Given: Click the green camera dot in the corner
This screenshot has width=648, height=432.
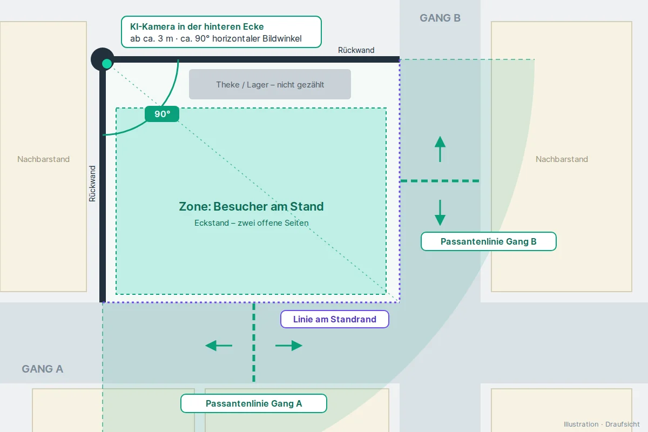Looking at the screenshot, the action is pos(107,64).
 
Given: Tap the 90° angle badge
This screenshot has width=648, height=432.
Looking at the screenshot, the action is pos(162,114).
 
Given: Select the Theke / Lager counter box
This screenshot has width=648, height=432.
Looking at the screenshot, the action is pos(270,84).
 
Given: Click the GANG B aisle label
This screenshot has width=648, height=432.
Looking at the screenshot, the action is pos(440,18).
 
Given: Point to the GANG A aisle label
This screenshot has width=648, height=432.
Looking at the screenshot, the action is pos(43,369).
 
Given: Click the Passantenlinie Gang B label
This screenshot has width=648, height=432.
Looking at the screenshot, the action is pos(488,241).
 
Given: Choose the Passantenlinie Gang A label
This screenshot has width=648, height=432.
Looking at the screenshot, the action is pos(254,403).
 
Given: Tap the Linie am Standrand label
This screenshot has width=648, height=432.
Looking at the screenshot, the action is pos(335,319).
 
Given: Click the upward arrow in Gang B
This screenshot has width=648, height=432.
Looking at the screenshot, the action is pos(440,149).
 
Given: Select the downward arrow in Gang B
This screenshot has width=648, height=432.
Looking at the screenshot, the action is pos(440,213).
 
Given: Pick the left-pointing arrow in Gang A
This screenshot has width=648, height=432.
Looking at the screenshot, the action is pos(219,346).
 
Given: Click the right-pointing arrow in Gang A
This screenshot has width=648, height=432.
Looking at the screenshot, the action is pos(289,346).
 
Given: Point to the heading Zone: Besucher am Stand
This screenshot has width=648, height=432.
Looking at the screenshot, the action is pos(251,207).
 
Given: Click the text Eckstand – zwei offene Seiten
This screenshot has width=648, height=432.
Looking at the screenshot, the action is pos(252,223).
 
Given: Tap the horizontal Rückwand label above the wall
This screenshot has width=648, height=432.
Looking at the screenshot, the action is pos(356,50).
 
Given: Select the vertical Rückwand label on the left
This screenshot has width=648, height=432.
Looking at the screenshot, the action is pos(92,184).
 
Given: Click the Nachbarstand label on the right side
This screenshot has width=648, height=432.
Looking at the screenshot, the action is pos(562,159).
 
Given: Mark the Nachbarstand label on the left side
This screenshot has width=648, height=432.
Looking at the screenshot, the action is pos(43,159).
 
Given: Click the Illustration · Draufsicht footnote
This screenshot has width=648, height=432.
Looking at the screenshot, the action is pos(602,424).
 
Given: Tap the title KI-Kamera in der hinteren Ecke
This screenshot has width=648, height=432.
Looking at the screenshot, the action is pos(197,26).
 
